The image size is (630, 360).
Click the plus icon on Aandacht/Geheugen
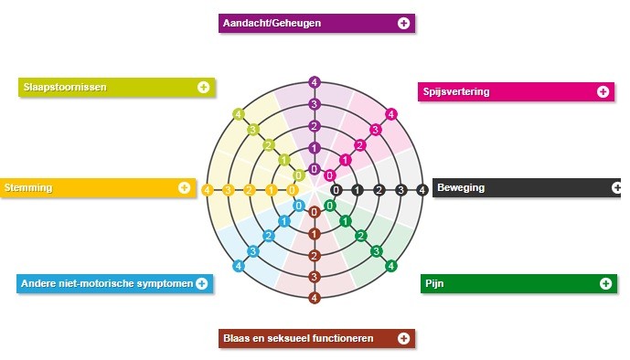403,23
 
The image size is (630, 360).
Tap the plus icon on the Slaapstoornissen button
203,87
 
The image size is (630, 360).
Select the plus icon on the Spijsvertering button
603,91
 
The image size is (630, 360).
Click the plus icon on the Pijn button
605,284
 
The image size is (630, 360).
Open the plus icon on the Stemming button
184,187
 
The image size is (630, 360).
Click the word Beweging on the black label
461,188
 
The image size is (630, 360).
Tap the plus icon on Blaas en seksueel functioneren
403,338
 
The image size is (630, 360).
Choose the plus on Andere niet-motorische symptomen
202,284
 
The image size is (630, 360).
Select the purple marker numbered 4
315,82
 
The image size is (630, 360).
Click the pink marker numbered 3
375,130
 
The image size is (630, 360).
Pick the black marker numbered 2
379,190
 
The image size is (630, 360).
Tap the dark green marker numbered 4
391,266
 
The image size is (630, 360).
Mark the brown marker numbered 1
315,234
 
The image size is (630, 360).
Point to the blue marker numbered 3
252,251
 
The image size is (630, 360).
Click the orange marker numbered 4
208,190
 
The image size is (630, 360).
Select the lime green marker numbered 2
269,145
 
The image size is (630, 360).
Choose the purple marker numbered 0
315,169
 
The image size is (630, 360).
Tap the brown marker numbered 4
315,298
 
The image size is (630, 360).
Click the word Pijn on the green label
434,284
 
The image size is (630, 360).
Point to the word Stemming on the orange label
28,188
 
